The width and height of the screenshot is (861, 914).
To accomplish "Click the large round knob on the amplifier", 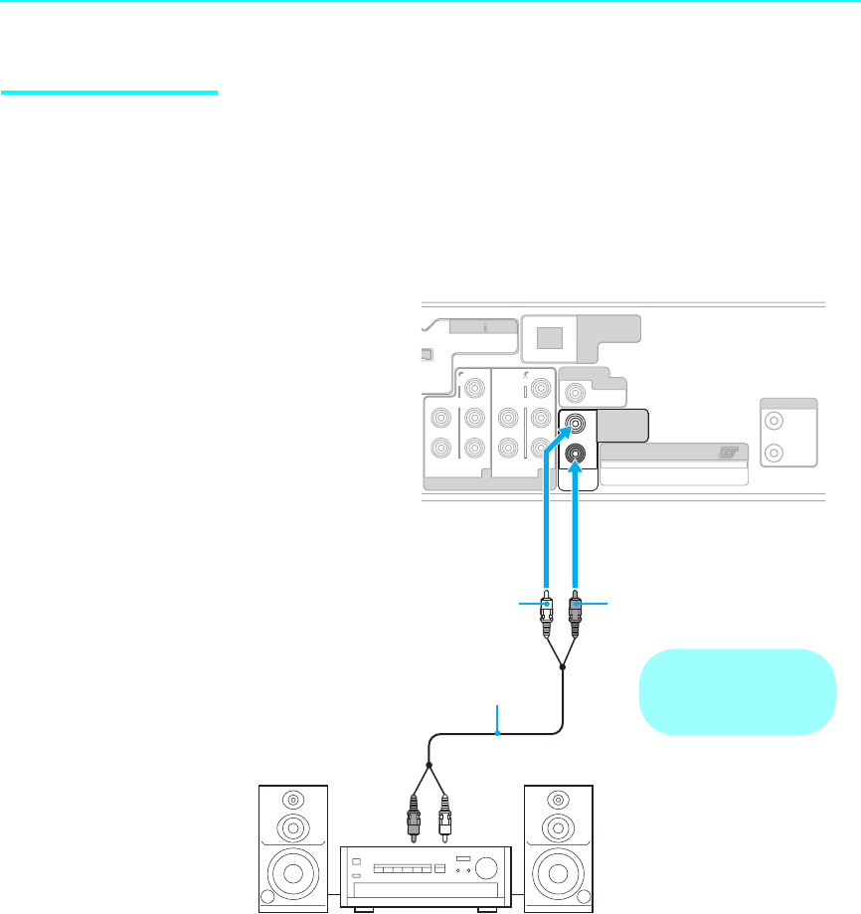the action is point(489,866).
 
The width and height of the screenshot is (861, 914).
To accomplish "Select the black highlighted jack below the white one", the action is point(576,456).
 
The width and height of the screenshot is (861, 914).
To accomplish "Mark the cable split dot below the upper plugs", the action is point(563,668).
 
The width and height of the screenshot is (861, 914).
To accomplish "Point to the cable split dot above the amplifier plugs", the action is point(430,767).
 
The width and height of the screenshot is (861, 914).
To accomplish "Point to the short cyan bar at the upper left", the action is point(108,93).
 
